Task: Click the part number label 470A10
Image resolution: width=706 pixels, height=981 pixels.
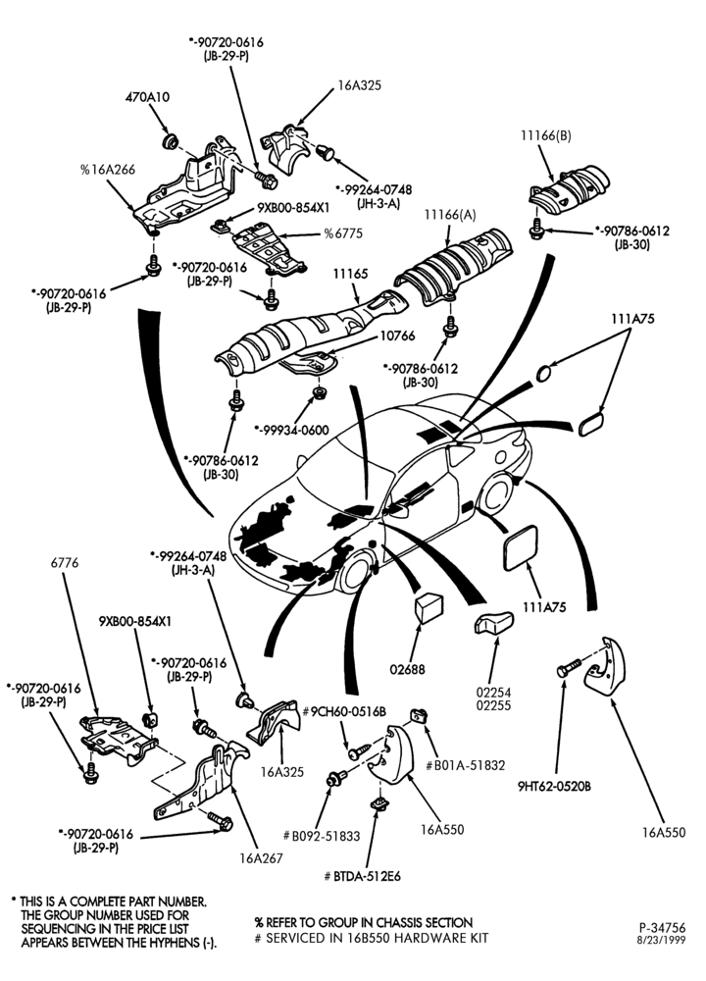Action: [147, 97]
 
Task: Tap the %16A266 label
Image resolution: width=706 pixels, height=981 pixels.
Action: [108, 170]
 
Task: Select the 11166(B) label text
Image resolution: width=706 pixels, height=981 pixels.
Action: [546, 135]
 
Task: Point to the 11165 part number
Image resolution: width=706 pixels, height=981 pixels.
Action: [350, 274]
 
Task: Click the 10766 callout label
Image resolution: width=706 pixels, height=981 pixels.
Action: [397, 336]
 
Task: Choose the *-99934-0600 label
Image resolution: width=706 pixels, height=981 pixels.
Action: [292, 431]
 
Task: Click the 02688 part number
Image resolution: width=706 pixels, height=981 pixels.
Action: [407, 669]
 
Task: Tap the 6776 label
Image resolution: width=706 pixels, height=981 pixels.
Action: [65, 563]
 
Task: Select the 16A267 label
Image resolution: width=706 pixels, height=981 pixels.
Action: [261, 858]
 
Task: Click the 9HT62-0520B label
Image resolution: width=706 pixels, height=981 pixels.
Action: [554, 787]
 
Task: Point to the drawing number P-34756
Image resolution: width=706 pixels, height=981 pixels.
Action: [662, 928]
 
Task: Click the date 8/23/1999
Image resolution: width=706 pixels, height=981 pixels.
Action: [662, 941]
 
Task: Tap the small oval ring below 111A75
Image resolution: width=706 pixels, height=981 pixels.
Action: [544, 373]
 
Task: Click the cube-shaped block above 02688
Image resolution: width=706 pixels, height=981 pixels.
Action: [429, 609]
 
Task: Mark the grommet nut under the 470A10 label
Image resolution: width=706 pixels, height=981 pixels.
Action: [169, 141]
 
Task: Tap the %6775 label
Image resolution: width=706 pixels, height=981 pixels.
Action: [342, 234]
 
